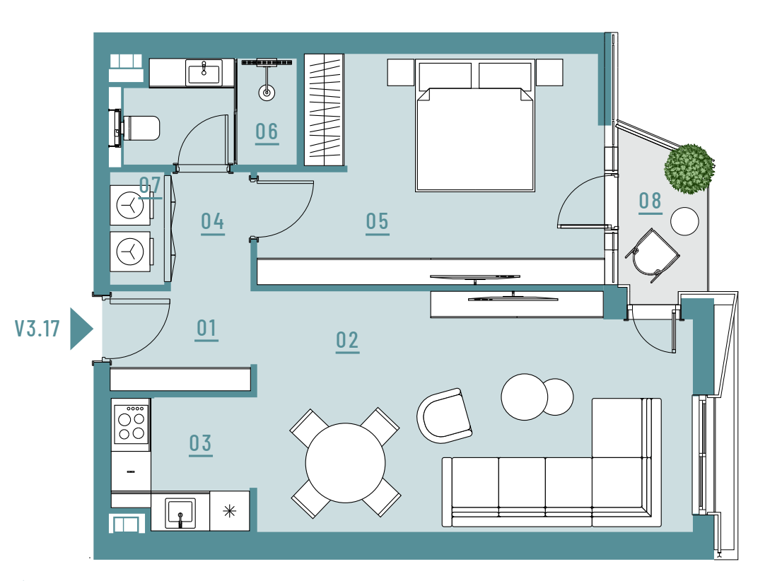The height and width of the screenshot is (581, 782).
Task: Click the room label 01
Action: click(x=206, y=329)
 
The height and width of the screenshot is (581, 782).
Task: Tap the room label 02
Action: click(x=347, y=341)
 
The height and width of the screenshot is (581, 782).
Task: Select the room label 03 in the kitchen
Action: click(x=201, y=444)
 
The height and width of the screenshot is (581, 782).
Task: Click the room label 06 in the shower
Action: click(x=267, y=133)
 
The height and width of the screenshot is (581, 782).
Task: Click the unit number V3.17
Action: click(x=37, y=329)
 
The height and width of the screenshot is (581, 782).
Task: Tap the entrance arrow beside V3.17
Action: click(x=81, y=329)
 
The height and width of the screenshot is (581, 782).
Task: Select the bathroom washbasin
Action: click(x=204, y=73)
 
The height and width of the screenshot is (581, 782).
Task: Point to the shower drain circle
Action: click(x=267, y=93)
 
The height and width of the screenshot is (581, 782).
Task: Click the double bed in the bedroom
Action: click(x=475, y=126)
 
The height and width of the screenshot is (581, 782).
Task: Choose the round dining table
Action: click(x=345, y=463)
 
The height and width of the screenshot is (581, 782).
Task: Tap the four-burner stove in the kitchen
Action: click(x=131, y=424)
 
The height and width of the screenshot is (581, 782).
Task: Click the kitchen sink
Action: click(x=180, y=512)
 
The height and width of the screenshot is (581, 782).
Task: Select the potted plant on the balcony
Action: click(x=689, y=168)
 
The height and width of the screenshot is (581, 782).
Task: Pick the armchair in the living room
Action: click(x=444, y=416)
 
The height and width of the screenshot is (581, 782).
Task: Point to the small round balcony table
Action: click(x=684, y=221)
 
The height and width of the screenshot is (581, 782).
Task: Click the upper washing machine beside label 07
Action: click(x=130, y=206)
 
